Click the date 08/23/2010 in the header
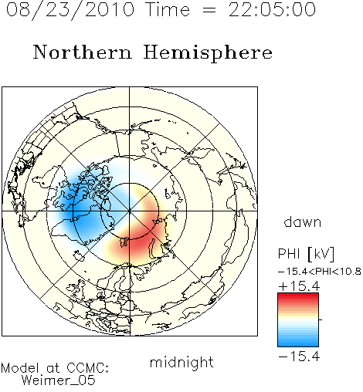pos(70,9)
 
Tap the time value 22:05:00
pos(272,9)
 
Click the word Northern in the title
pos(83,52)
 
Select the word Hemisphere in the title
pos(208,53)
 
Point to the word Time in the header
pos(168,9)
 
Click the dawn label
pos(303,222)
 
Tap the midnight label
pos(181,362)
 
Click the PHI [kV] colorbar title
pos(306,254)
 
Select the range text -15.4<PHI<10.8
pos(320,272)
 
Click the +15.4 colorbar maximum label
pos(299,286)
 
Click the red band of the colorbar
pos(298,299)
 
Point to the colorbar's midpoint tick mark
pos(321,319)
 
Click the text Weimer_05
pos(59,380)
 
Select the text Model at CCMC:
pos(55,368)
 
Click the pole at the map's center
pos(130,211)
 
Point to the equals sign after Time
pos(209,11)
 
